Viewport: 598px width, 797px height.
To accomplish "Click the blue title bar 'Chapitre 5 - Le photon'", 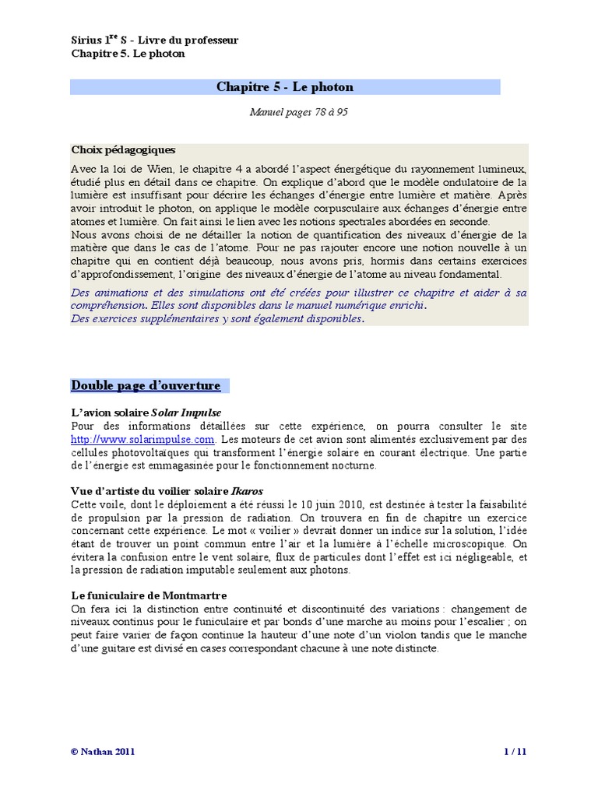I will [x=284, y=87].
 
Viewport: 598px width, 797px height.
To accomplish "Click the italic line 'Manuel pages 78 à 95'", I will [x=299, y=112].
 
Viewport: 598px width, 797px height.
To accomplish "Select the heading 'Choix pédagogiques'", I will [x=123, y=149].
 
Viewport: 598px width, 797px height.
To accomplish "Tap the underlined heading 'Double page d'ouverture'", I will [x=146, y=385].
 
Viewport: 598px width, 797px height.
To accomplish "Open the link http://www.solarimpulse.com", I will [x=142, y=440].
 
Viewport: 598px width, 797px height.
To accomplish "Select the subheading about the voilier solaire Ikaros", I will [x=167, y=492].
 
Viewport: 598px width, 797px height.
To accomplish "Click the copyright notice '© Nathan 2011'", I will [x=102, y=751].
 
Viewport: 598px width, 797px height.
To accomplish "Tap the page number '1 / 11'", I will [x=515, y=751].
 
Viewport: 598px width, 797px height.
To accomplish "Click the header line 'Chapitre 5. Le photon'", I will [x=128, y=54].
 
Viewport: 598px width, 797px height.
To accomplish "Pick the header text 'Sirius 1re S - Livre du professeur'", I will [x=154, y=40].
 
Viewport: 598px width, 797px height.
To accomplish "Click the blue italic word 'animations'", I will [x=118, y=293].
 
